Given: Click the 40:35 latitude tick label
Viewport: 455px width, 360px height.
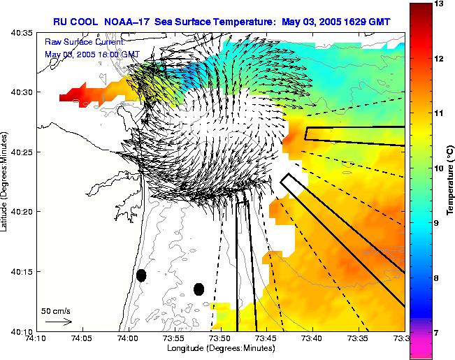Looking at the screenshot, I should (x=23, y=33).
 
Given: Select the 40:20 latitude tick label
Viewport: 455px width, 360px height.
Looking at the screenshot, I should (x=23, y=212).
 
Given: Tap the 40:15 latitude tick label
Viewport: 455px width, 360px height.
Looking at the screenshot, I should (x=23, y=271).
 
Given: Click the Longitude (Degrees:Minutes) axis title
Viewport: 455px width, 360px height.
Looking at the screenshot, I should (x=220, y=349).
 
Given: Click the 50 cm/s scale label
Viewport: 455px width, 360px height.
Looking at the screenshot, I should (x=57, y=311).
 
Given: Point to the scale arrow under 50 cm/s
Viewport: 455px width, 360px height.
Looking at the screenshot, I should (x=58, y=322).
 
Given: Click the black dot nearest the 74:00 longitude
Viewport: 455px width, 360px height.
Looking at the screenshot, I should (x=141, y=275).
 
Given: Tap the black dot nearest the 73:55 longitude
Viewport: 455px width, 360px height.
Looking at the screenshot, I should (x=198, y=289).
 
